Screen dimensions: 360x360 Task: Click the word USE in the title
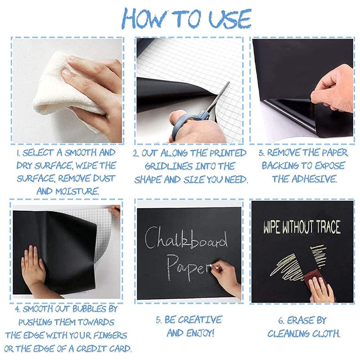230,18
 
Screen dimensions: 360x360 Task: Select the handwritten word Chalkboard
186,239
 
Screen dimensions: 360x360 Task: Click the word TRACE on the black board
328,227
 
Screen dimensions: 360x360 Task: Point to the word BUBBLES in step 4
90,309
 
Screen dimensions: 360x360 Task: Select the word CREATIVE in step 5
200,319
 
